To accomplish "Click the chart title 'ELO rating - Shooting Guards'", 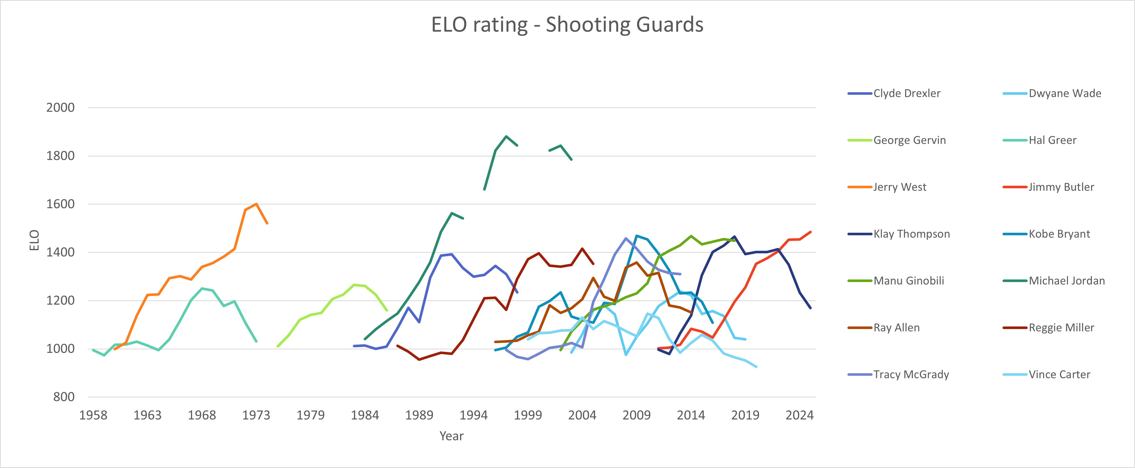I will [x=567, y=25].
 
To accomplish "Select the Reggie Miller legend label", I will [x=1061, y=328].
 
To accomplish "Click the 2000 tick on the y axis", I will [x=60, y=108].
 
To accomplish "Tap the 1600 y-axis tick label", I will [x=60, y=204].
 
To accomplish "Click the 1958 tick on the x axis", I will [x=93, y=415].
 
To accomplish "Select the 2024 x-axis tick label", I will [x=799, y=415].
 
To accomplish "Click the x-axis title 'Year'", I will [x=451, y=436].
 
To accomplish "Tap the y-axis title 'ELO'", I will [x=34, y=240].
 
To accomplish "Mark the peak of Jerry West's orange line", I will [x=256, y=204].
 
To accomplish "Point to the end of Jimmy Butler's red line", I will [x=811, y=232].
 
